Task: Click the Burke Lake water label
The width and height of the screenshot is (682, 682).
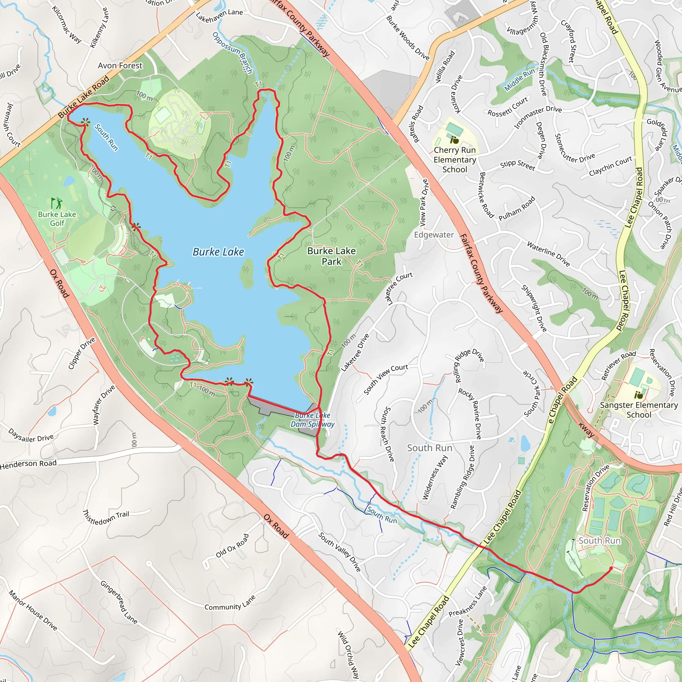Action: click(x=218, y=252)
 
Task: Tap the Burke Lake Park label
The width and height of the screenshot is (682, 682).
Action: click(x=331, y=256)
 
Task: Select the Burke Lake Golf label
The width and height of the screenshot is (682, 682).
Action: click(x=57, y=218)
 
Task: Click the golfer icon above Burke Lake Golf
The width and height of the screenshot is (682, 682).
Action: click(x=57, y=203)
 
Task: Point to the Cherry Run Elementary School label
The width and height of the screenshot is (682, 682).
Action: click(x=455, y=160)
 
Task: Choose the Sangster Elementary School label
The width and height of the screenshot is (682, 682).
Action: click(x=639, y=410)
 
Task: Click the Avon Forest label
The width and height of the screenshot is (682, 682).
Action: click(x=120, y=66)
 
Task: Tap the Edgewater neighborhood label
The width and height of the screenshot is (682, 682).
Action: click(x=434, y=235)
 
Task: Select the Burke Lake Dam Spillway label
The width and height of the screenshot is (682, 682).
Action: click(x=312, y=420)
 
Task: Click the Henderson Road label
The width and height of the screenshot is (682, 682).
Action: click(x=28, y=464)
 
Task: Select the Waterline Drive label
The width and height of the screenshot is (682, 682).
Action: click(x=548, y=253)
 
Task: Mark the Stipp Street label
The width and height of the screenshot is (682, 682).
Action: click(x=517, y=165)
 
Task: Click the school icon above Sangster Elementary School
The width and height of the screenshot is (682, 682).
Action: click(x=639, y=394)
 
